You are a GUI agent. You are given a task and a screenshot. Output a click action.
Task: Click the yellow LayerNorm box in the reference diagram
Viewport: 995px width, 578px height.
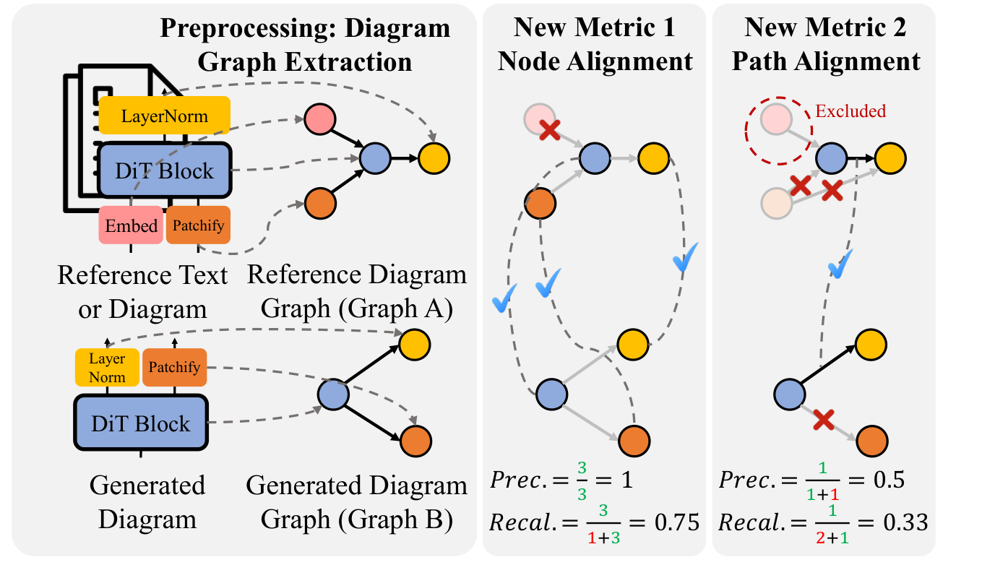click(164, 116)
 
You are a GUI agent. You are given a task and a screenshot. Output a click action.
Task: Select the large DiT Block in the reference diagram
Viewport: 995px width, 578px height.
click(164, 171)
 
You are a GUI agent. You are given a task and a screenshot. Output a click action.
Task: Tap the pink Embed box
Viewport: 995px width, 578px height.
click(131, 225)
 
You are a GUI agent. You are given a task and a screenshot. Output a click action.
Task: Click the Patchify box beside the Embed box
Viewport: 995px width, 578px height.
click(198, 225)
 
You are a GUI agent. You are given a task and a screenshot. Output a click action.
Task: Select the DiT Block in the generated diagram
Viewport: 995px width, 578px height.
click(141, 423)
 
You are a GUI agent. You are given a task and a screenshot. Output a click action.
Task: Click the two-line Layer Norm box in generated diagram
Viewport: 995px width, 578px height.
click(107, 367)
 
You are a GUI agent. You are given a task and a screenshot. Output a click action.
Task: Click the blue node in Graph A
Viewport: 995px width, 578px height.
click(375, 157)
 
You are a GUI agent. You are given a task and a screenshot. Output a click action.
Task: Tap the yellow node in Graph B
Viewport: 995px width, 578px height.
click(415, 343)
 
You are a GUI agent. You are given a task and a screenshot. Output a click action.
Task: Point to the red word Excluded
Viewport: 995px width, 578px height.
click(850, 111)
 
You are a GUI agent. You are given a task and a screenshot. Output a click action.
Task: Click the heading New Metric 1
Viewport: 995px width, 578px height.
click(594, 28)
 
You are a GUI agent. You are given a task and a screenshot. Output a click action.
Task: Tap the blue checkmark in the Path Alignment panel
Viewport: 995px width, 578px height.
click(839, 265)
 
